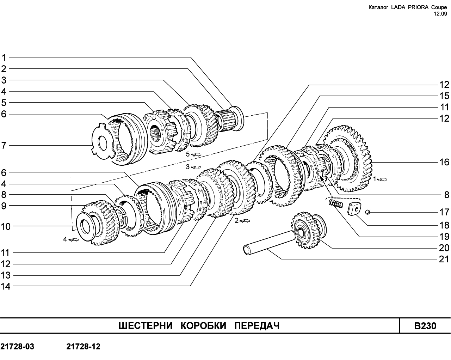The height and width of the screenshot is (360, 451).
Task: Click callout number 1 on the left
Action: (4, 57)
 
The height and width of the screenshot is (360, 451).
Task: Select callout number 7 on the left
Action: (4, 145)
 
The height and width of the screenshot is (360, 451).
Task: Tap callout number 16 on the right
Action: (444, 162)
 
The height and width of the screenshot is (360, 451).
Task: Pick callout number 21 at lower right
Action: (444, 259)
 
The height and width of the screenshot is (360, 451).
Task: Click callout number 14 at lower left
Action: (6, 286)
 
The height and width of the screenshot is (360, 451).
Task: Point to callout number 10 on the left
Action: (6, 227)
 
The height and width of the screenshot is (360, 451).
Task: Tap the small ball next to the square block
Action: (367, 212)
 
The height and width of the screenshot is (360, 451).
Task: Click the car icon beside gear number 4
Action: (74, 240)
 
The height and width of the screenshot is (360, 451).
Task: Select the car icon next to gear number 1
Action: (382, 179)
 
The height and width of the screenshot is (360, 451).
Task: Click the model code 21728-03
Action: (17, 346)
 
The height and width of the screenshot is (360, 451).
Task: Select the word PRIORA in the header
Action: (414, 7)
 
